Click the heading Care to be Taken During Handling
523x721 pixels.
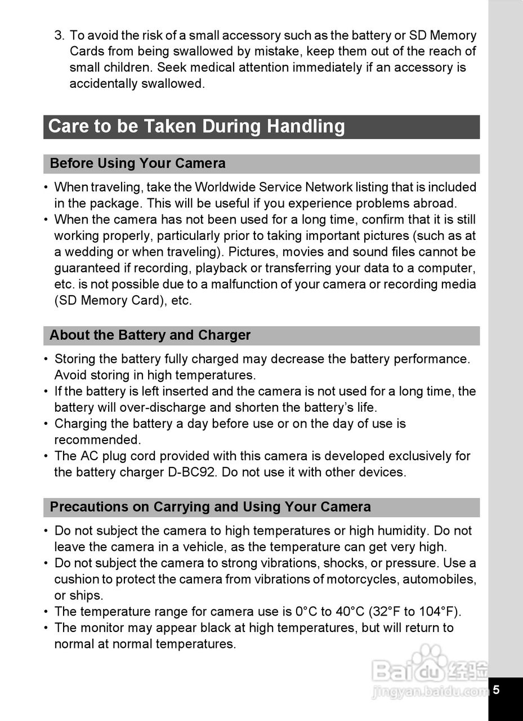196,126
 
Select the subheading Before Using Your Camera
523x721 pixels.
137,163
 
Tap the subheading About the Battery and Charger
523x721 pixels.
150,335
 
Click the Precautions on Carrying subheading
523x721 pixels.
210,506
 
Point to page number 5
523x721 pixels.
496,690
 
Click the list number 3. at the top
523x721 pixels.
60,35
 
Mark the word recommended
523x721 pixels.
97,439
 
